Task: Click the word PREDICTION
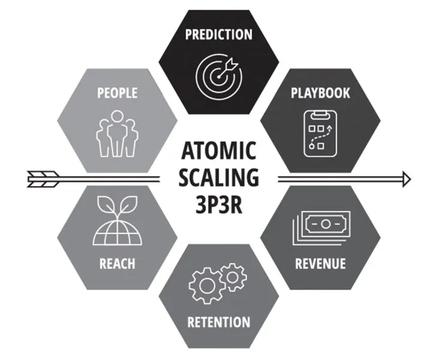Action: pyautogui.click(x=219, y=34)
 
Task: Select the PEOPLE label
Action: pyautogui.click(x=117, y=93)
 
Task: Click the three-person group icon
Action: pyautogui.click(x=117, y=134)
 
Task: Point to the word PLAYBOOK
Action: pyautogui.click(x=320, y=93)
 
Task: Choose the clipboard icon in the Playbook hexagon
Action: pyautogui.click(x=320, y=133)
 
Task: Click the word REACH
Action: pyautogui.click(x=117, y=263)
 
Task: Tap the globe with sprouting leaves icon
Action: pyautogui.click(x=117, y=221)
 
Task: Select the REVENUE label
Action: pyautogui.click(x=320, y=263)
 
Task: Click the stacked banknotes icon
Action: pyautogui.click(x=321, y=228)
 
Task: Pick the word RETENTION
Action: pyautogui.click(x=219, y=322)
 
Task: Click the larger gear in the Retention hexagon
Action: pyautogui.click(x=207, y=286)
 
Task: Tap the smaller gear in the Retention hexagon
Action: pyautogui.click(x=233, y=277)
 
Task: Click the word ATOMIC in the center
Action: pyautogui.click(x=219, y=151)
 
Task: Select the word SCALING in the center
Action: pyautogui.click(x=219, y=178)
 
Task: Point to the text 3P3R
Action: pyautogui.click(x=219, y=204)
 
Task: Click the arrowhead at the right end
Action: pyautogui.click(x=407, y=179)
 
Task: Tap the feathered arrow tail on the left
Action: pyautogui.click(x=43, y=179)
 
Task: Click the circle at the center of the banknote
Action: pyautogui.click(x=325, y=224)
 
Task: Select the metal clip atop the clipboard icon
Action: pyautogui.click(x=320, y=113)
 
